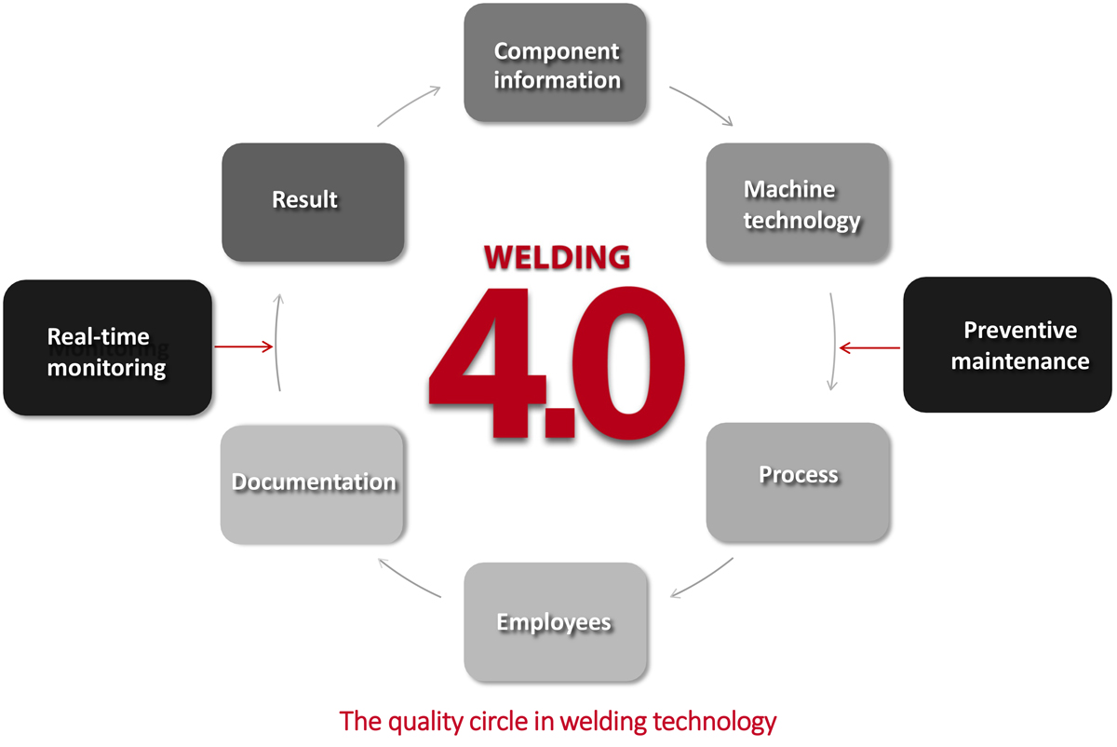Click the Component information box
point(556,63)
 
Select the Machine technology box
point(798,203)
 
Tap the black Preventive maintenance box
point(1007,345)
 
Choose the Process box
point(798,482)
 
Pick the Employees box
point(556,622)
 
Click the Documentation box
point(313,484)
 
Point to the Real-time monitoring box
point(107,348)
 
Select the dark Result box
point(313,201)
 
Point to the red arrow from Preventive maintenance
point(869,348)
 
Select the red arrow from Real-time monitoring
point(243,347)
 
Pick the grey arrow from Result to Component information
point(410,105)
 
